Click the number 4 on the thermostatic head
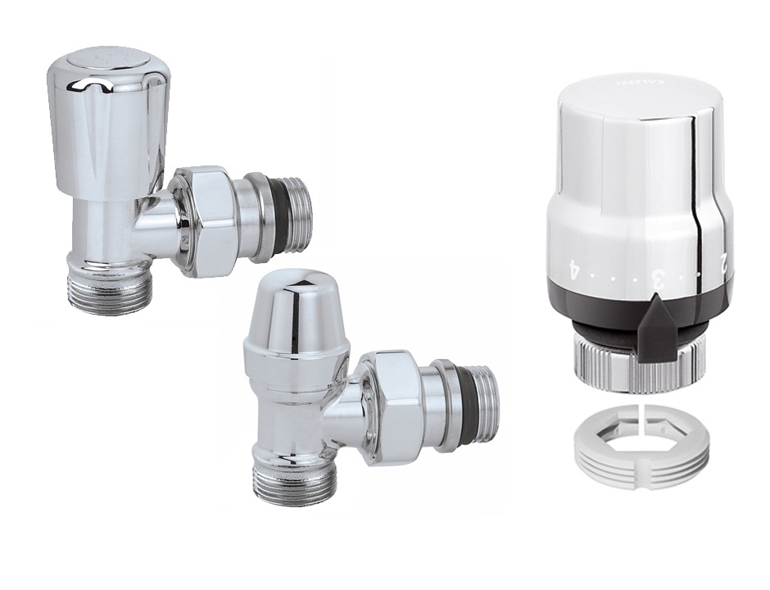(573, 267)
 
